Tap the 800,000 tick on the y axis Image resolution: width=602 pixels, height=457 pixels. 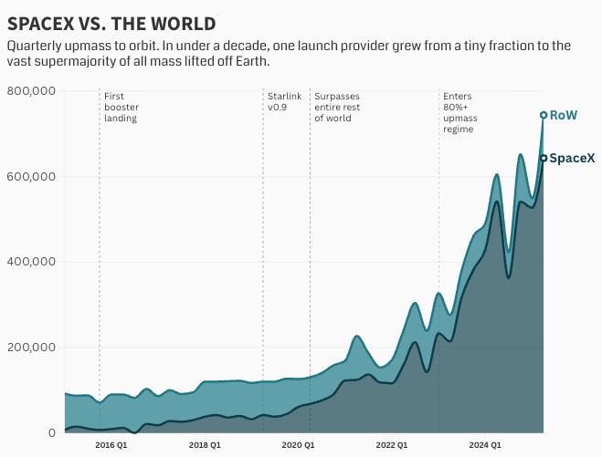32,91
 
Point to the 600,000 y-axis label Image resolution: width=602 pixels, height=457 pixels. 32,177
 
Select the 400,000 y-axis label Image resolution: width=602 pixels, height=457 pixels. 32,262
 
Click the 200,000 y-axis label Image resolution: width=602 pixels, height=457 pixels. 32,348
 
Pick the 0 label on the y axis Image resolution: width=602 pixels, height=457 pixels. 52,432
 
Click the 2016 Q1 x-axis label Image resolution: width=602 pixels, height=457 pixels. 111,445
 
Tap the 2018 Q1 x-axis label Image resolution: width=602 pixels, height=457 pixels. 205,445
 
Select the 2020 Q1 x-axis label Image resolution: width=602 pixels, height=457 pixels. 298,445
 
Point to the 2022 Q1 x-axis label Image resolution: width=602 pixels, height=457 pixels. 391,445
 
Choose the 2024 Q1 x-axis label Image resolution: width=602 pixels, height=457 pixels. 484,445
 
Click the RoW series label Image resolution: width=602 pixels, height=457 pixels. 564,115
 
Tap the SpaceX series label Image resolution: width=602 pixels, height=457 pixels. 572,158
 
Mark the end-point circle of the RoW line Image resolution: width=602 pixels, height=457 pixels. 544,115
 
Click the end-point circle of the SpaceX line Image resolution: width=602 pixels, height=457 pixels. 544,158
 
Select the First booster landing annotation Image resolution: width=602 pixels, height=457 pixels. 121,107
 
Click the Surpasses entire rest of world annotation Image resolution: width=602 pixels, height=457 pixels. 336,107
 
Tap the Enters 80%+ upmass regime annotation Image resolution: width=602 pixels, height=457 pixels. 460,113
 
